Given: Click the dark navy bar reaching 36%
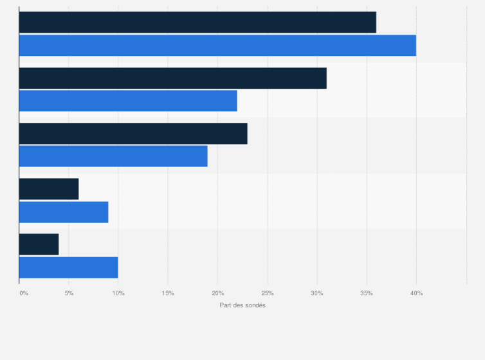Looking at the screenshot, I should [197, 22].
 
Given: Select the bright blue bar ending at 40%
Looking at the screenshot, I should [217, 45].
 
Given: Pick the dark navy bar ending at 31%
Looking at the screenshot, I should [172, 78].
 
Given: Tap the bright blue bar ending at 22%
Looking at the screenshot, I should [128, 101].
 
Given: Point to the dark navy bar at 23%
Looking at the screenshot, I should [133, 133].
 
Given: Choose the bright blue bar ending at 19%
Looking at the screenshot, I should [113, 156].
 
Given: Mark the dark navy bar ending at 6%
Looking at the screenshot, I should [49, 189].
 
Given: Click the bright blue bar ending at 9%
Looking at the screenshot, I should [64, 212].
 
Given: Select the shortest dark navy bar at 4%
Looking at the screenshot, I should [39, 244].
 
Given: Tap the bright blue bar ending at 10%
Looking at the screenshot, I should [69, 267].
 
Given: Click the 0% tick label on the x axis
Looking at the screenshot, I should [24, 294].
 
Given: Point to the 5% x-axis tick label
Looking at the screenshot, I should [69, 294].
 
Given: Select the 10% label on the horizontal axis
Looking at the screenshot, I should [118, 294].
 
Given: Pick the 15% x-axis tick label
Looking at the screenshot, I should [168, 294].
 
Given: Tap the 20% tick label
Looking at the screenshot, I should [217, 294].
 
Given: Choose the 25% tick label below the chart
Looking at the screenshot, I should [268, 294].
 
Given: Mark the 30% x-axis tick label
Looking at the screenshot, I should [317, 294].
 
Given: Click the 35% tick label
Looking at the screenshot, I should [367, 294].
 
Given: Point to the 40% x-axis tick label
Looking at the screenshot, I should [416, 294].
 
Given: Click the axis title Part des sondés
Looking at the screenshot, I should [243, 305].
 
